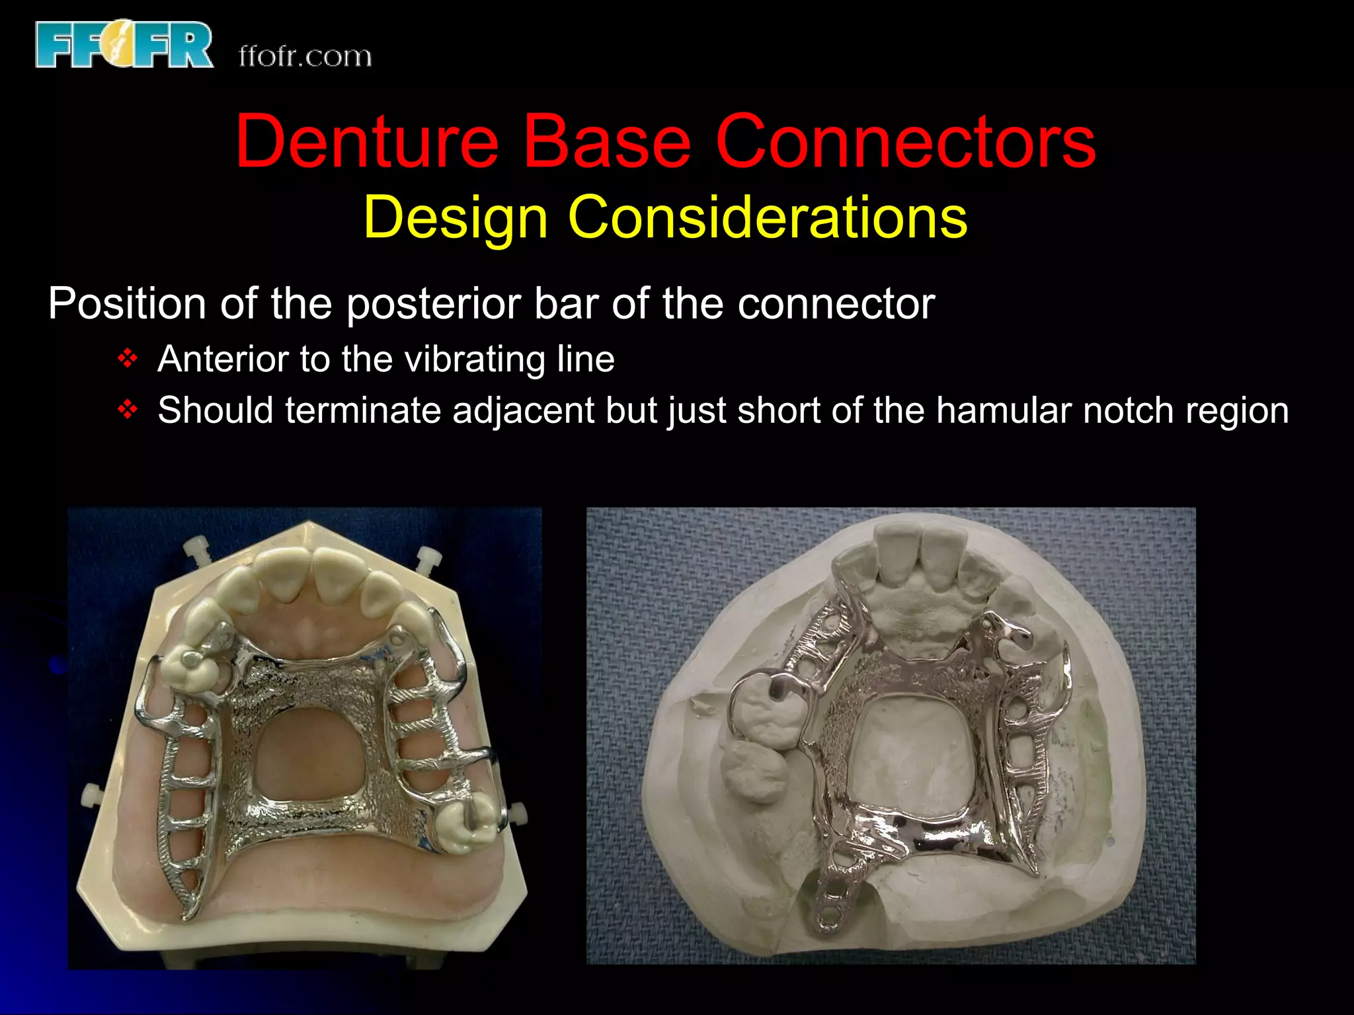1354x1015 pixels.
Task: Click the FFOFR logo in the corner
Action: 124,44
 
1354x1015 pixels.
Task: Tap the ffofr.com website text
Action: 305,56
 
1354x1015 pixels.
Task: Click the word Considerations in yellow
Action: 768,217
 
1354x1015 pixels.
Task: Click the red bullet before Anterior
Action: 127,359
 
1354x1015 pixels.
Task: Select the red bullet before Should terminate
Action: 127,410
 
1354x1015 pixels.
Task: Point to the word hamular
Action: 1004,410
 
